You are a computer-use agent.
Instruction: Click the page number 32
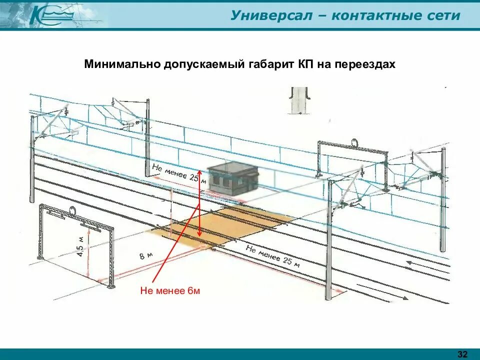coord(462,354)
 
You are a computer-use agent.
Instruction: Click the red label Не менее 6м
coord(170,291)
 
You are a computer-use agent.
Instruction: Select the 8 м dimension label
coord(146,257)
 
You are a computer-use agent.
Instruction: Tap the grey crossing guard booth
coord(233,177)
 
